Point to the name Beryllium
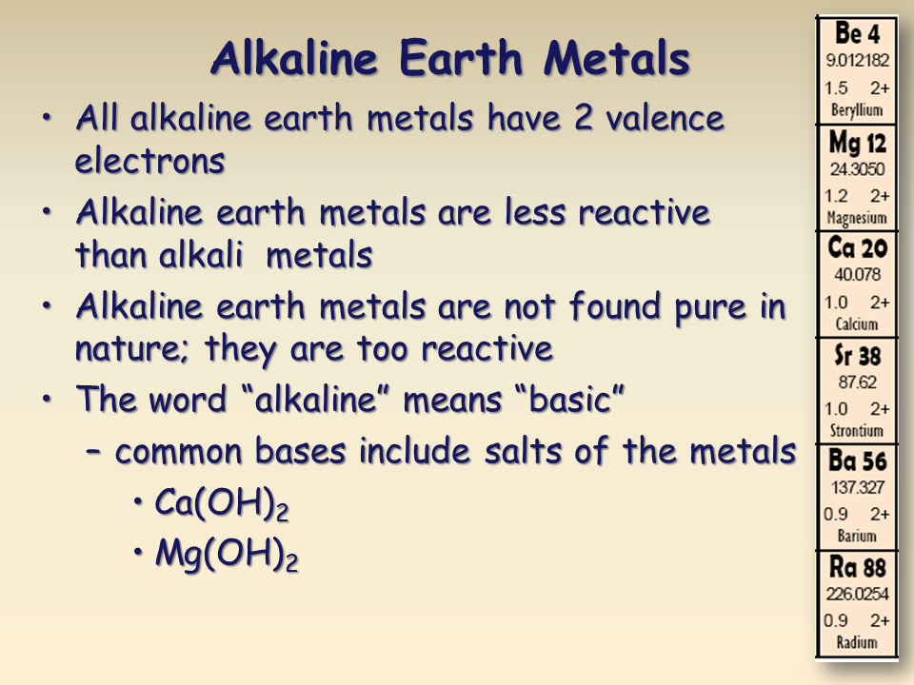pos(857,110)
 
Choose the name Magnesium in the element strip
pos(857,218)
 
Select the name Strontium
pos(857,431)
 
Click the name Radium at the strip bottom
pos(857,642)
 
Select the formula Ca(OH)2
pos(221,505)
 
